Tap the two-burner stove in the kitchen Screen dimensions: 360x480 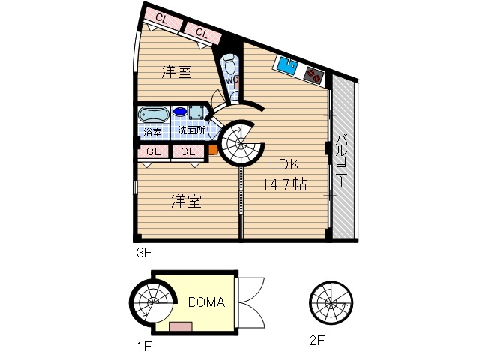pos(313,73)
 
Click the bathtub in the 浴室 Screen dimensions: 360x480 pos(153,116)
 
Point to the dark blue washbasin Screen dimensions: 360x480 pos(181,112)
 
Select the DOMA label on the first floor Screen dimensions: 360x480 pos(206,302)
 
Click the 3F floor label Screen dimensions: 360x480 pos(144,253)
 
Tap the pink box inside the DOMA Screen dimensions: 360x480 pos(180,325)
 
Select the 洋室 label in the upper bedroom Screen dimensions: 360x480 pos(177,72)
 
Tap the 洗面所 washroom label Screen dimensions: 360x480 pos(190,130)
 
